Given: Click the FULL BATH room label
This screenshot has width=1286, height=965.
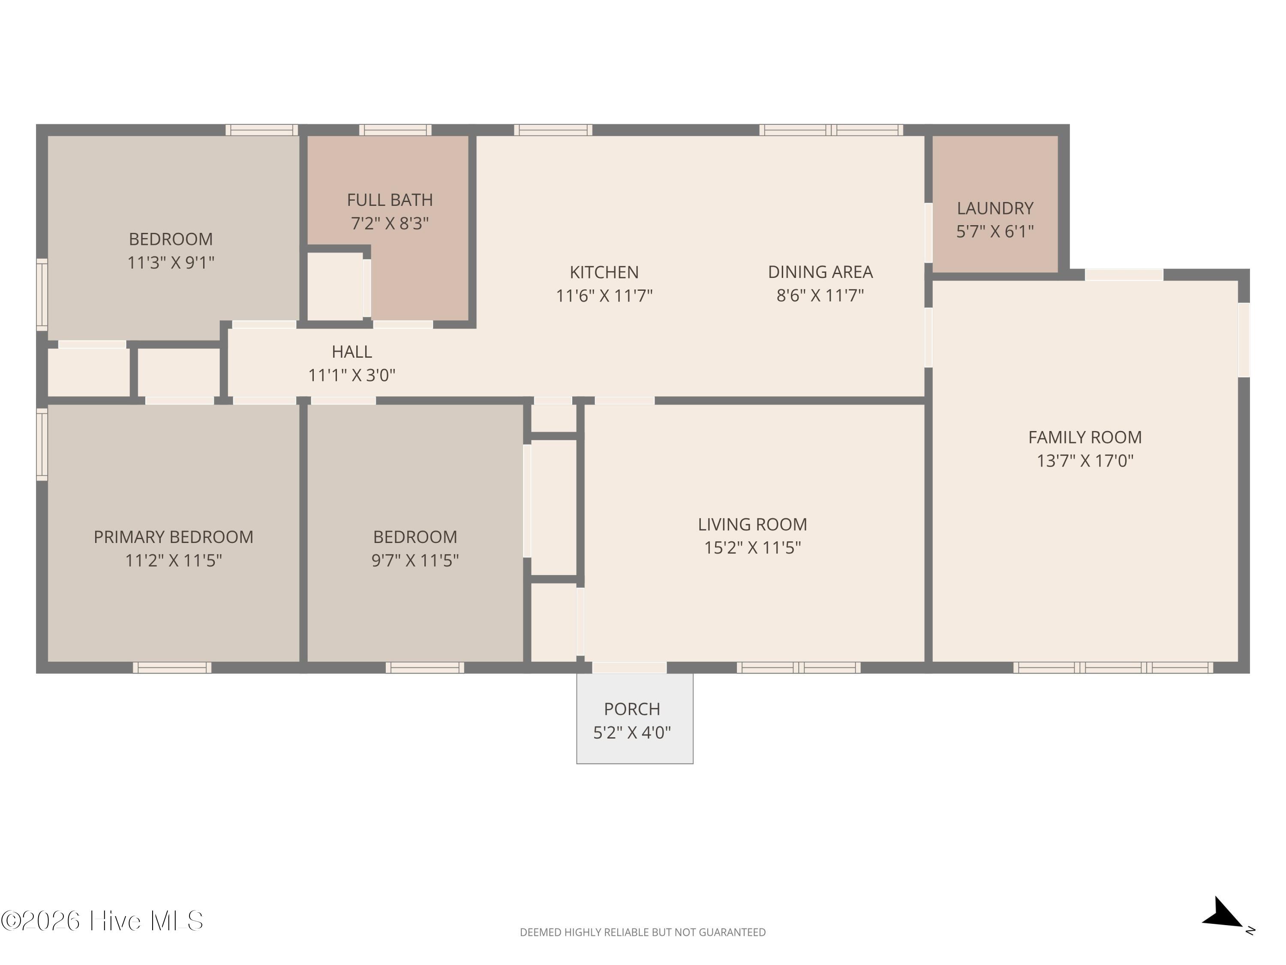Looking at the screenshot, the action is click(390, 200).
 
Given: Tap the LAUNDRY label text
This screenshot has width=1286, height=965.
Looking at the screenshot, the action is click(995, 208).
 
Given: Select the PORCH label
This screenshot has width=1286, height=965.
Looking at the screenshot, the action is click(632, 709).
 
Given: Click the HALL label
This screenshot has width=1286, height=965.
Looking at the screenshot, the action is click(352, 352).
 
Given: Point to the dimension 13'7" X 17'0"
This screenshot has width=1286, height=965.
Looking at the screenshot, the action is click(1085, 461).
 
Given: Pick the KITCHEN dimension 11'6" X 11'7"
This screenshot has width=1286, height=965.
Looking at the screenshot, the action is click(604, 296).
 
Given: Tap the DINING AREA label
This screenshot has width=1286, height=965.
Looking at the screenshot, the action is click(820, 272).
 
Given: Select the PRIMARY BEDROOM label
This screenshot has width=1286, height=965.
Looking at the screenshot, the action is click(173, 537).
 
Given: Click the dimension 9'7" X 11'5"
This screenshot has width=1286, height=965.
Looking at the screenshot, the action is click(415, 561).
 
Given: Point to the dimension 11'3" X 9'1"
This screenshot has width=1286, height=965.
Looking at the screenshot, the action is click(171, 263).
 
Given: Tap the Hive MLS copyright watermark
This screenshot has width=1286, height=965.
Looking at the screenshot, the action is click(102, 921).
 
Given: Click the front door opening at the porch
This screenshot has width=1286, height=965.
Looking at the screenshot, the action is click(629, 668).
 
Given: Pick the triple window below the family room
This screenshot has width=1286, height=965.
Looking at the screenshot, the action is click(1113, 668).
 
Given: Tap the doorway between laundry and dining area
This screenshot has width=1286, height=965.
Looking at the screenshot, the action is click(928, 232).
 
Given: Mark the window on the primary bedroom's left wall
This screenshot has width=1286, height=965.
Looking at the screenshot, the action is click(42, 445).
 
